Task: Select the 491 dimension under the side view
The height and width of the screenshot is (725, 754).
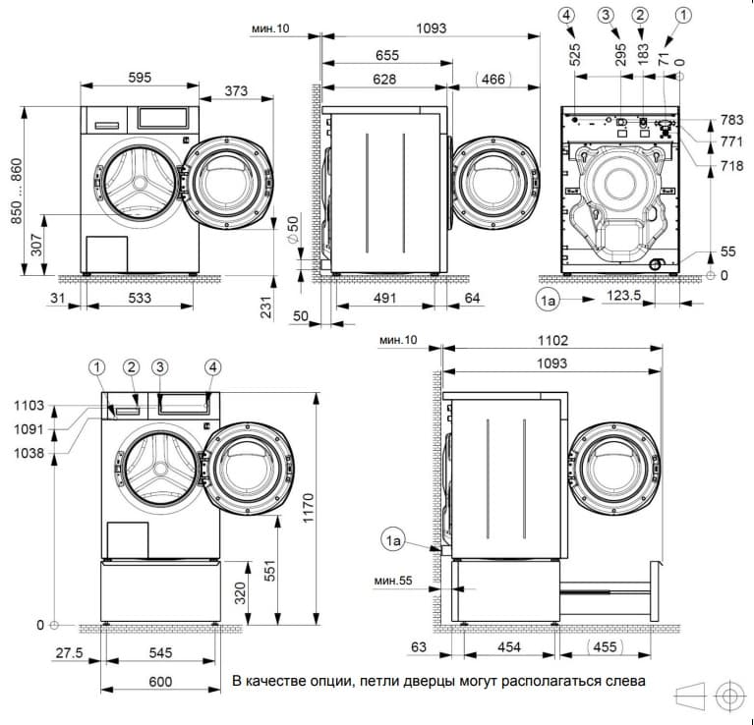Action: pyautogui.click(x=384, y=300)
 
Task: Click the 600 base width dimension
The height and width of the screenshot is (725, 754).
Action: pyautogui.click(x=161, y=682)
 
